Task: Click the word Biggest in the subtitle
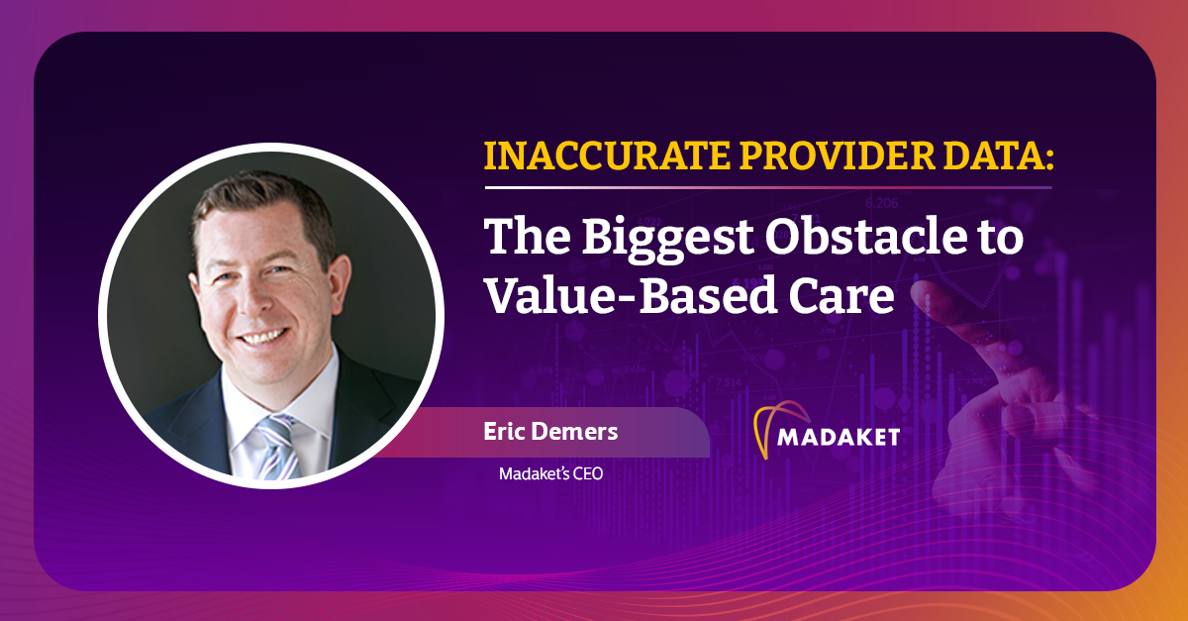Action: coord(667,240)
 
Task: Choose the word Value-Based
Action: coord(631,295)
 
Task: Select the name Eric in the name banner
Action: coord(503,431)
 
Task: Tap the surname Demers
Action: coord(574,431)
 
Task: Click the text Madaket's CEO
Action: coord(551,473)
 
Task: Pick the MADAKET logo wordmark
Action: coord(839,437)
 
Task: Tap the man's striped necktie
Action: coord(278,447)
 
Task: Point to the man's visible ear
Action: coord(340,281)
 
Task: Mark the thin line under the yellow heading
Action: coord(768,187)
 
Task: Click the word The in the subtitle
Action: coord(527,236)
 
